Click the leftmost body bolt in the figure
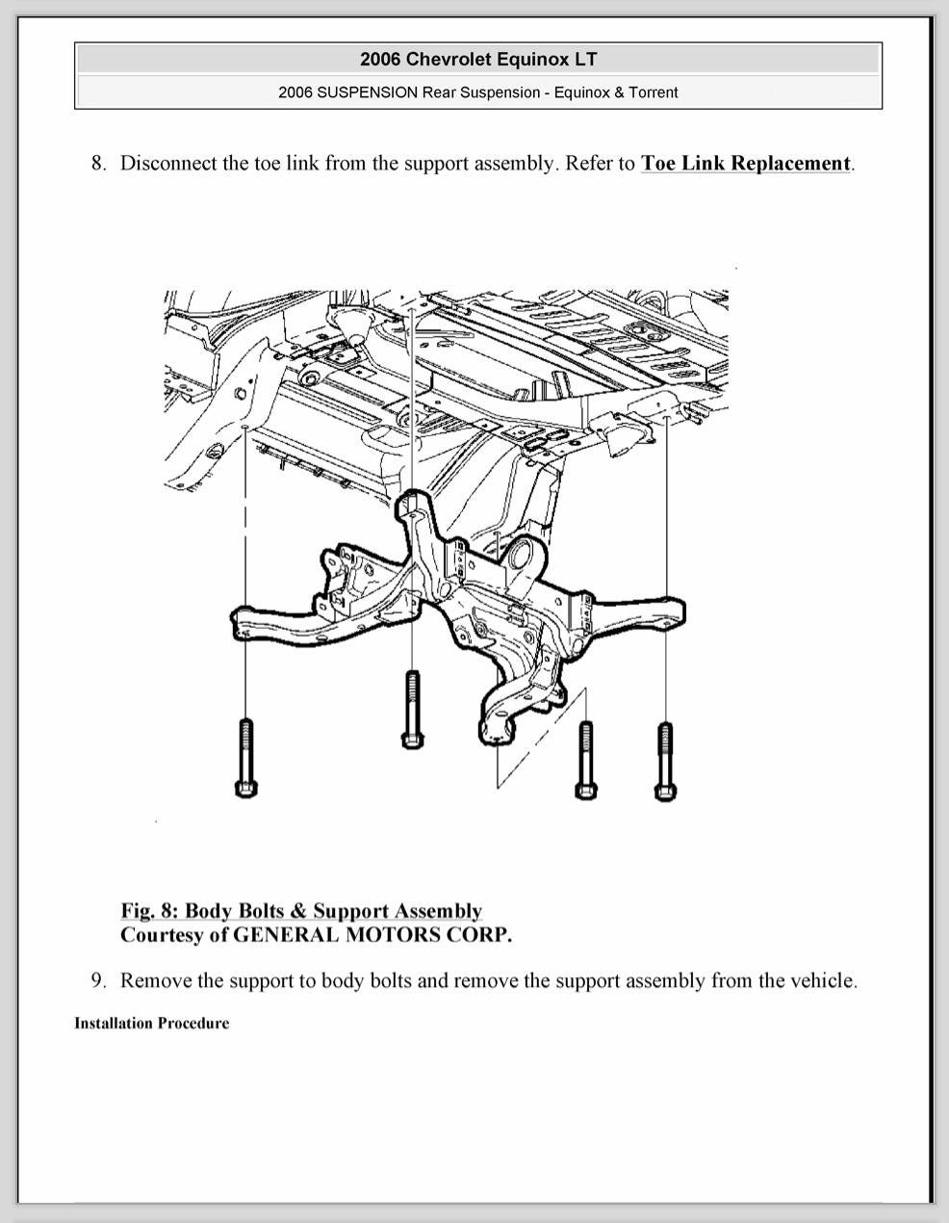click(244, 756)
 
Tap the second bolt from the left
click(412, 708)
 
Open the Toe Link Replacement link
click(746, 163)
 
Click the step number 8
click(98, 163)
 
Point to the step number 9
click(98, 980)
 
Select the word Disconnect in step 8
click(168, 163)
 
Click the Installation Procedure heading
click(152, 1023)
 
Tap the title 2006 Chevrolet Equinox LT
click(478, 59)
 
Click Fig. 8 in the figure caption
click(148, 910)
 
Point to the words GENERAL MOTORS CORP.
click(372, 934)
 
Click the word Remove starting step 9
click(155, 980)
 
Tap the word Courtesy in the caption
click(159, 934)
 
